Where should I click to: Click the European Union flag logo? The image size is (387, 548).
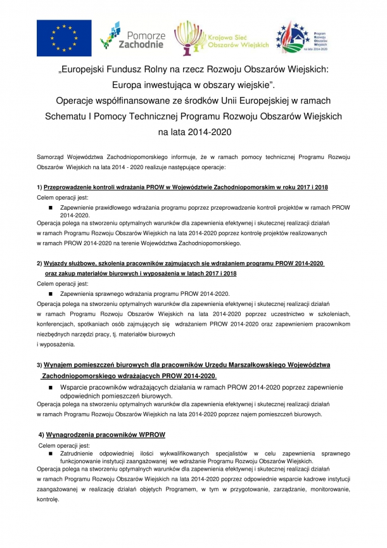click(63, 37)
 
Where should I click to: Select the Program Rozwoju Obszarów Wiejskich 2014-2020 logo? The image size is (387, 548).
click(301, 37)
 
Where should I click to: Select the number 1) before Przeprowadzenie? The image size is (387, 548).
click(39, 188)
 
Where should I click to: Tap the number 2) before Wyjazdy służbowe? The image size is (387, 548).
click(39, 264)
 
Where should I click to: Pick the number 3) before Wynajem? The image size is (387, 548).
click(39, 366)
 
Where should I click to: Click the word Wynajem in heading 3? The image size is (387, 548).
click(62, 365)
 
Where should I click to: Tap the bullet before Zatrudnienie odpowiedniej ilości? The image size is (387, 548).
click(51, 454)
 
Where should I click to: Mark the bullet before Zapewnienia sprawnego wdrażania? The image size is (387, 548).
click(51, 294)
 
